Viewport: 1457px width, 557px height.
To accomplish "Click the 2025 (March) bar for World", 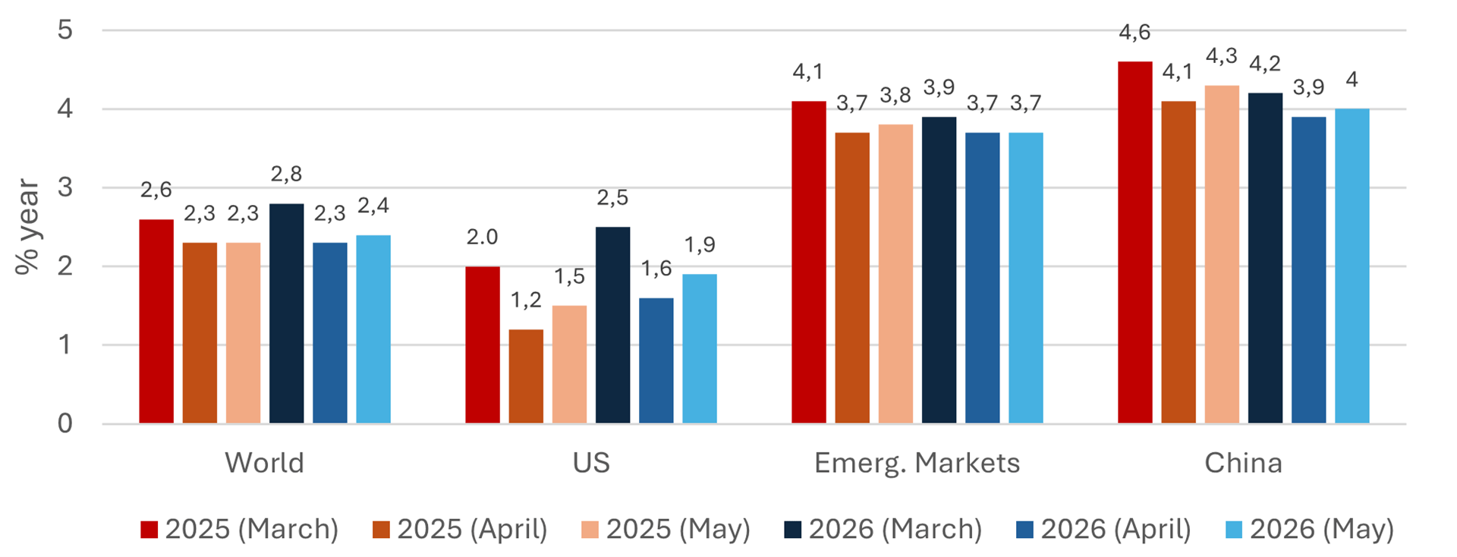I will coord(156,321).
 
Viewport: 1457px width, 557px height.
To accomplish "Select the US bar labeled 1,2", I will coord(526,376).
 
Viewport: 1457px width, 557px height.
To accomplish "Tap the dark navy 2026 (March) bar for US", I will coord(612,325).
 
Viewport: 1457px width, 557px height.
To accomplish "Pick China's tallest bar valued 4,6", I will coord(1134,242).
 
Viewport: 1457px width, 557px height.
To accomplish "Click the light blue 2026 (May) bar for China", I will coord(1352,266).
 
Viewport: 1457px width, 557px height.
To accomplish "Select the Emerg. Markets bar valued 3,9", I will coord(939,269).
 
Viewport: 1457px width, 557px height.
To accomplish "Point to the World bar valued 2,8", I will coord(286,313).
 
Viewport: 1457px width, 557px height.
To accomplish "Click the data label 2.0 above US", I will coord(482,238).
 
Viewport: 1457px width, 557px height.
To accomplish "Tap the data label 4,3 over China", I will coord(1221,56).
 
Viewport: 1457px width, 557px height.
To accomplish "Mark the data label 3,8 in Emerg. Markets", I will coord(895,96).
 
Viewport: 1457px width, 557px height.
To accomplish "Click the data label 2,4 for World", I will coord(373,206).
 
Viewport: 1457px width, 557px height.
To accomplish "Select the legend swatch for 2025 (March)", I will coord(149,530).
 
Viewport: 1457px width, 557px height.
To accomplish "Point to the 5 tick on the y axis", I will coord(65,30).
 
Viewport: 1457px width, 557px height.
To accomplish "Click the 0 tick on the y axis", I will coord(65,423).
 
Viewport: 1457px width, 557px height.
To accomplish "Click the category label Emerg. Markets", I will coord(917,463).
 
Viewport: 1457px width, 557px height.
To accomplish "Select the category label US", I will coord(591,463).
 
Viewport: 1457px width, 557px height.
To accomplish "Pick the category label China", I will coord(1243,463).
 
